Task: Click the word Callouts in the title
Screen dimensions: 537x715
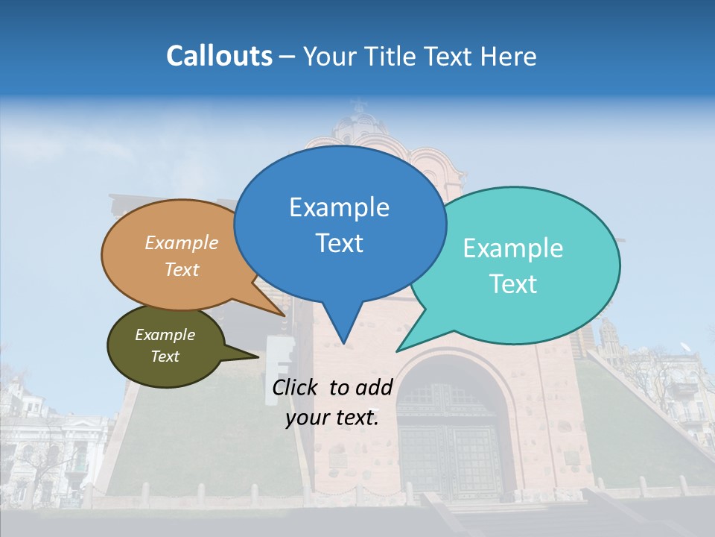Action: [x=219, y=56]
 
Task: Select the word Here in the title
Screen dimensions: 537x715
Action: [x=509, y=56]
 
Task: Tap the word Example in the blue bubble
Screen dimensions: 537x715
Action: [x=339, y=207]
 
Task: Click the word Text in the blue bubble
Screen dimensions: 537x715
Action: [x=339, y=243]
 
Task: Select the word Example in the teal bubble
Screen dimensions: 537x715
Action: [x=513, y=248]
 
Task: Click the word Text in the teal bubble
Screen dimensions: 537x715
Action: [x=513, y=284]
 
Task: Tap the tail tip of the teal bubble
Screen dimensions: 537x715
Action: [x=397, y=351]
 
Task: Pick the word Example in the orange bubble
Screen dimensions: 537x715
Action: [x=182, y=243]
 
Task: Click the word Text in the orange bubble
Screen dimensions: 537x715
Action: [x=182, y=269]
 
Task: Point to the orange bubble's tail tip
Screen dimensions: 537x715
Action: [x=285, y=315]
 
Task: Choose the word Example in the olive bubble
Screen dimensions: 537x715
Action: [x=165, y=335]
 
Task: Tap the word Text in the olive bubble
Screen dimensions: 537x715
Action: [x=165, y=357]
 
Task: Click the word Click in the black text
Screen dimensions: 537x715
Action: [x=296, y=387]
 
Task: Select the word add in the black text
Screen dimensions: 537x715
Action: [x=374, y=387]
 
